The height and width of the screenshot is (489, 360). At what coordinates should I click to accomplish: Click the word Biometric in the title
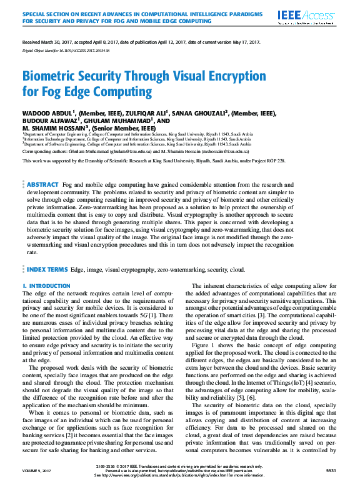pyautogui.click(x=51, y=77)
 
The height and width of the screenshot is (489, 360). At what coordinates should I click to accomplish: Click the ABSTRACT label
pyautogui.click(x=42, y=185)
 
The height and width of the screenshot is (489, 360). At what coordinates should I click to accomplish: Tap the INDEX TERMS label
pyautogui.click(x=47, y=269)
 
